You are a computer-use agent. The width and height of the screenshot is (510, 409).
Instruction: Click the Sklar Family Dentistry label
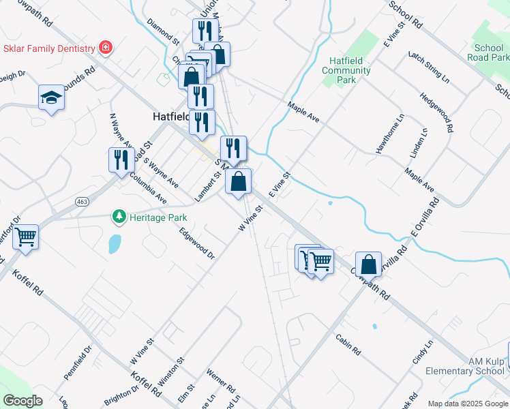pyautogui.click(x=48, y=48)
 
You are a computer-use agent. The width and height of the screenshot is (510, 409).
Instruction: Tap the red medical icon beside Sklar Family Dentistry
pyautogui.click(x=106, y=48)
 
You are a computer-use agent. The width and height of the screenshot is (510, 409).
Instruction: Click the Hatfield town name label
pyautogui.click(x=166, y=117)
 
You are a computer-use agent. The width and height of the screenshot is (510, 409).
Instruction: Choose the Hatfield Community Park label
pyautogui.click(x=346, y=70)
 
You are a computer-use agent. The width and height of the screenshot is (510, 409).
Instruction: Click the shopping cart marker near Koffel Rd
pyautogui.click(x=26, y=239)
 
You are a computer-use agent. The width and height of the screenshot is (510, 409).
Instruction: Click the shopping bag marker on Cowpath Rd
pyautogui.click(x=368, y=265)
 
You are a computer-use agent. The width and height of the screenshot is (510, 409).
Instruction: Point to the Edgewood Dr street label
pyautogui.click(x=197, y=243)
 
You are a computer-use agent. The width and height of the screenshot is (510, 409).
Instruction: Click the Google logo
pyautogui.click(x=22, y=401)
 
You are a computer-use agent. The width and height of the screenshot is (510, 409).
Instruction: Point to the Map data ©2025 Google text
pyautogui.click(x=467, y=404)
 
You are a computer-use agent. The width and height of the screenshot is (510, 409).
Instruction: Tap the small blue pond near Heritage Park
pyautogui.click(x=114, y=243)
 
